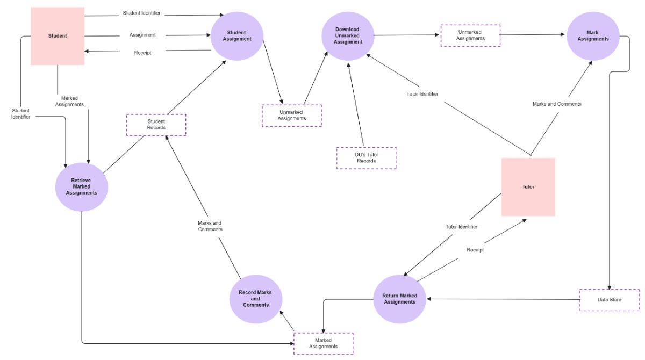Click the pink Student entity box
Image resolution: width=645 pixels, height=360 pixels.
pos(58,36)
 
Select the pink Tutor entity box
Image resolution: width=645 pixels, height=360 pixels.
pos(528,187)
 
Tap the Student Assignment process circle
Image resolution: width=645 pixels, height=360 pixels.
pos(236,36)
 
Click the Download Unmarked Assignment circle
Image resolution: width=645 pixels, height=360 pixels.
pos(347,36)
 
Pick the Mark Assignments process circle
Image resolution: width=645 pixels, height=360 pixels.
pos(593,36)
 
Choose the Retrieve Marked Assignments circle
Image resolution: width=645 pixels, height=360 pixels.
pos(82,187)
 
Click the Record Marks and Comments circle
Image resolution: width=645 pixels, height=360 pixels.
pos(255,299)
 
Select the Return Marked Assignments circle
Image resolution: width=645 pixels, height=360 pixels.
pos(399,299)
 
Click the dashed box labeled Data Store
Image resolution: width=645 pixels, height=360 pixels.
pos(609,300)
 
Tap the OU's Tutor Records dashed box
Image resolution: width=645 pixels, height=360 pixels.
pos(366,158)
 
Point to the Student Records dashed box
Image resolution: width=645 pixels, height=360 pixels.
pos(156,125)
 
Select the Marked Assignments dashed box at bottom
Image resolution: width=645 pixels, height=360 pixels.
pos(323,343)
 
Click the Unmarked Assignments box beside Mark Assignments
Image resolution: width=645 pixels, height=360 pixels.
pos(470,35)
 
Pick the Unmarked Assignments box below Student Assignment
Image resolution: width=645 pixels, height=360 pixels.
pos(292,116)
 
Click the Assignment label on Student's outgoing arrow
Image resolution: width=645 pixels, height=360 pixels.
pos(142,35)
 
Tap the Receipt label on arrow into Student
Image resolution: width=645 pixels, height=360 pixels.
pos(142,53)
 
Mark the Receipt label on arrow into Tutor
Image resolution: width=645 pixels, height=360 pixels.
pos(475,250)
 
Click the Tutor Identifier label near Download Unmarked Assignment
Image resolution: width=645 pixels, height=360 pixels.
pos(422,94)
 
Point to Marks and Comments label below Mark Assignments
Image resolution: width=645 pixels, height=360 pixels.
pos(557,104)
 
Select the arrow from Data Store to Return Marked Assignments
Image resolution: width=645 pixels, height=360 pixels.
pos(503,299)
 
